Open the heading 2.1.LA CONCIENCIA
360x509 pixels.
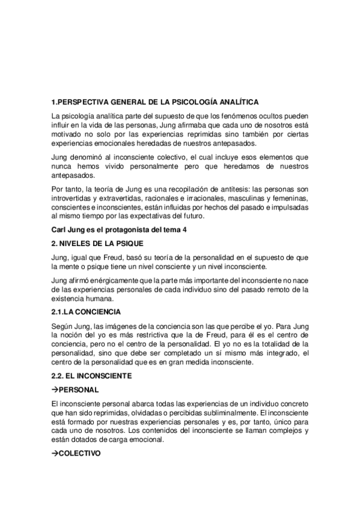tap(87, 313)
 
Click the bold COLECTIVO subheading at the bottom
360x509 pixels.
tap(80, 453)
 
